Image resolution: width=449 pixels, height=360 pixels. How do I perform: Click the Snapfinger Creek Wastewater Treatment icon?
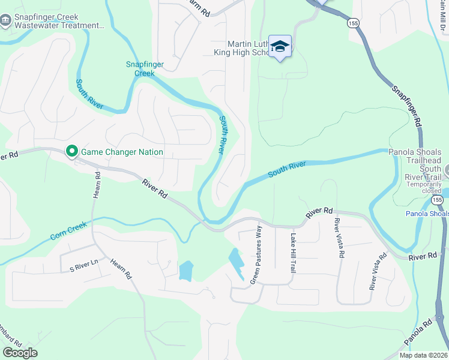(x=6, y=22)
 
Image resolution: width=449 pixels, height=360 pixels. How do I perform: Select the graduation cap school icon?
(x=280, y=46)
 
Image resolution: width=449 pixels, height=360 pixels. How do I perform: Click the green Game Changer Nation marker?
(x=72, y=151)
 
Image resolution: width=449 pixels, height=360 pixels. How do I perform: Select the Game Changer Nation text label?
(x=122, y=152)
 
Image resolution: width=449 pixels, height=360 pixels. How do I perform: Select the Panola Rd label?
(x=419, y=333)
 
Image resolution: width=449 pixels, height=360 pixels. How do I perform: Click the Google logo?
(x=20, y=353)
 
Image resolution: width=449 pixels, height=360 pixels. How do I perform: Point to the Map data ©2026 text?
(x=423, y=355)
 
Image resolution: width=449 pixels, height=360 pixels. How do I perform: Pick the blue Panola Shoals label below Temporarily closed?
(x=426, y=214)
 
